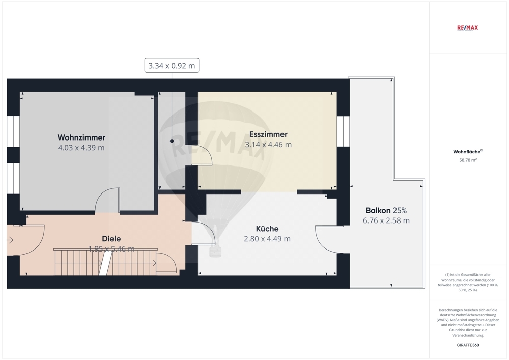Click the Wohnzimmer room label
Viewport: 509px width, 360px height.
coord(81,137)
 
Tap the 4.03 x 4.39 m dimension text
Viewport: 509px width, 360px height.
coord(81,148)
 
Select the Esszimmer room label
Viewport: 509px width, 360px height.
coord(268,134)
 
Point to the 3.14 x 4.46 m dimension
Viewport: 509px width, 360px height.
coord(268,145)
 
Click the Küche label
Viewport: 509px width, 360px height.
coord(267,229)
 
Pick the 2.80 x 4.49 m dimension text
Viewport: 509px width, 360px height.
coord(267,239)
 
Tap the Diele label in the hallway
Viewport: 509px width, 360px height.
coord(111,238)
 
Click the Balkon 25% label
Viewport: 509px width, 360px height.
coord(386,210)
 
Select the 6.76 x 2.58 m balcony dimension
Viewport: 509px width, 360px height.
coord(386,220)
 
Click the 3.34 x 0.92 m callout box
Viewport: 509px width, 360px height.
coord(172,66)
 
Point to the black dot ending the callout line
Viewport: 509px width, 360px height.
coord(172,141)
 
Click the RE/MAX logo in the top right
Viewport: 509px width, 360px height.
coord(467,27)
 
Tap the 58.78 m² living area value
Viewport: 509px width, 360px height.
coord(467,160)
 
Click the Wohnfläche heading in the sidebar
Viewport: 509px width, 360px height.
coord(466,152)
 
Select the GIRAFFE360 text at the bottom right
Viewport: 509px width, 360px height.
coord(467,345)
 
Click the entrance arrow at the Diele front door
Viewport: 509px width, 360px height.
coord(11,239)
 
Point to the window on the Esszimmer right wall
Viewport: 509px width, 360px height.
coord(343,131)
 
